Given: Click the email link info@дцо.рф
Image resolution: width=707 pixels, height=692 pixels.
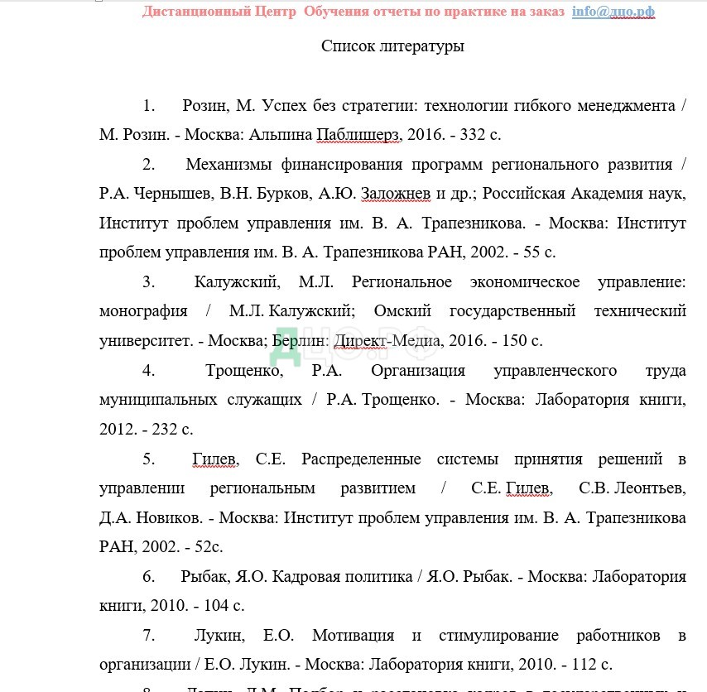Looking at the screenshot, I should pos(613,12).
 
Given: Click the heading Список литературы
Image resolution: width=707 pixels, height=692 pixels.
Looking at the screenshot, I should pos(392,46).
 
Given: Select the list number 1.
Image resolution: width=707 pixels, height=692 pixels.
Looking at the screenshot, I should pos(149,106).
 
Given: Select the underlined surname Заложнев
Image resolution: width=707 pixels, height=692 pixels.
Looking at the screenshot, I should pos(396,194).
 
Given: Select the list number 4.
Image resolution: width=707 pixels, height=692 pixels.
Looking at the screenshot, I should pos(149,370).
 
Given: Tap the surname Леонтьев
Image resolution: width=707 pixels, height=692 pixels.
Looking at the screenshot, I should pos(650,488).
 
